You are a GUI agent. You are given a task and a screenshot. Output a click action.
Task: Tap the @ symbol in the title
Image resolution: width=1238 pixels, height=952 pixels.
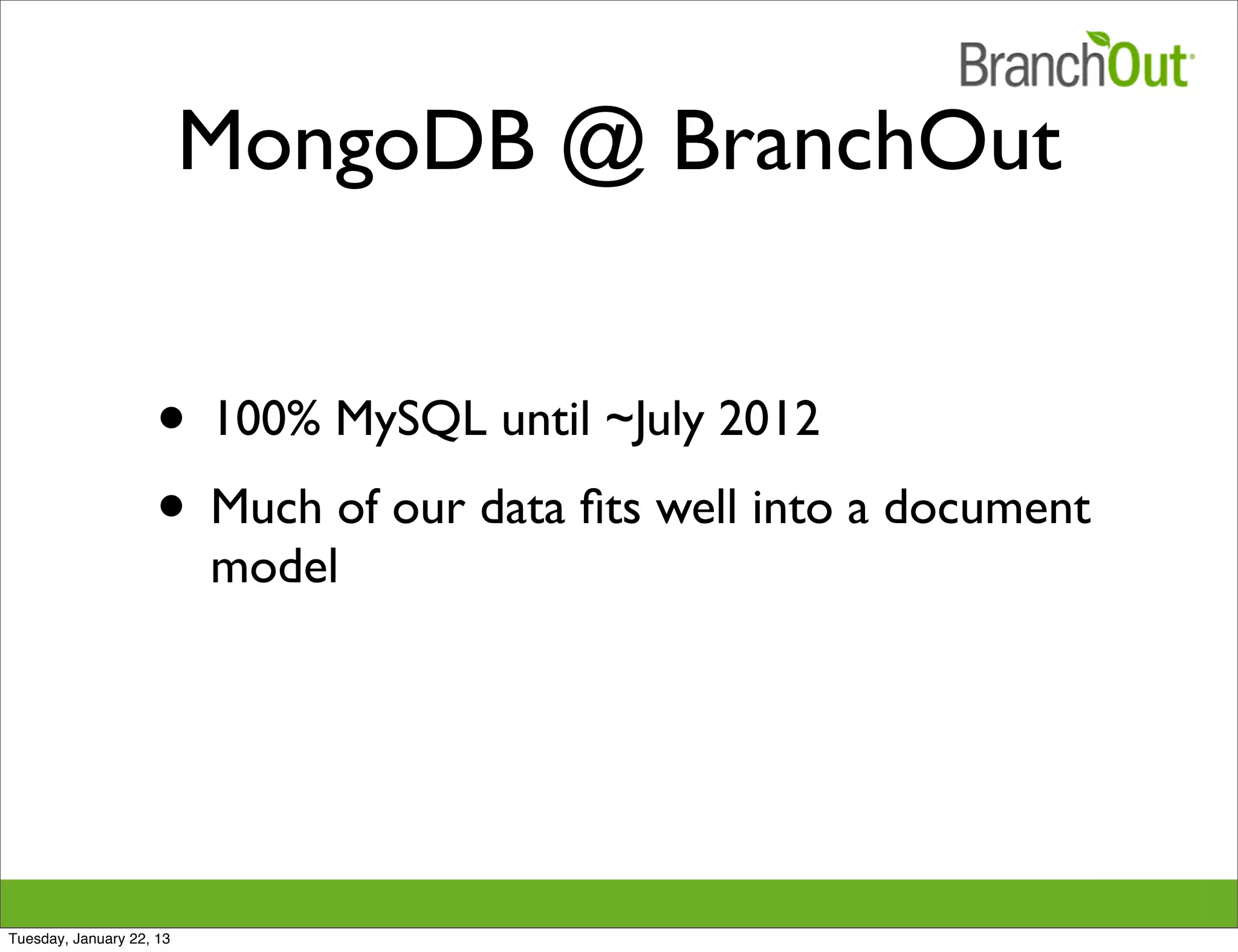[x=603, y=147]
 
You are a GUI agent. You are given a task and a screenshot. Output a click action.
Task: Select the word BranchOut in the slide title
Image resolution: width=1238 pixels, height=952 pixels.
[x=867, y=144]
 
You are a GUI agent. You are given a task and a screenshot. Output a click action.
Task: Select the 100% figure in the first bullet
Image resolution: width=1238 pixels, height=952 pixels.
[x=264, y=419]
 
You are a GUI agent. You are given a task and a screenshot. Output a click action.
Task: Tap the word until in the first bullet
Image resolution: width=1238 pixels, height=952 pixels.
[x=545, y=419]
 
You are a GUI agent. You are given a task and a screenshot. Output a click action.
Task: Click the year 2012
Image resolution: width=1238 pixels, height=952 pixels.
[x=769, y=419]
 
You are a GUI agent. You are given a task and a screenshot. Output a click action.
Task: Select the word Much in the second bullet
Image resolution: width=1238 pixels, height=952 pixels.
[x=266, y=506]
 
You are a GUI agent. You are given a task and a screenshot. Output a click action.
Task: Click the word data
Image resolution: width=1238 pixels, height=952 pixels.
[x=522, y=506]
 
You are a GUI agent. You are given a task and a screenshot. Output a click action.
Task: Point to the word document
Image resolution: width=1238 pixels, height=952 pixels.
[x=987, y=506]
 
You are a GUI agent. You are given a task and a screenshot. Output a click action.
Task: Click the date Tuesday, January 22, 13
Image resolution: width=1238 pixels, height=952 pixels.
[x=89, y=939]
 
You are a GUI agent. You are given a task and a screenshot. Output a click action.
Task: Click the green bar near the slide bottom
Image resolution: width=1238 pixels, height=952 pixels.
[x=619, y=902]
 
